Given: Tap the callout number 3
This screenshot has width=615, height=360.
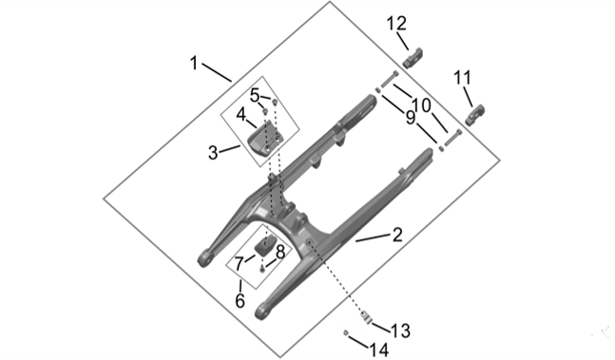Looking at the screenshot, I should [214, 151].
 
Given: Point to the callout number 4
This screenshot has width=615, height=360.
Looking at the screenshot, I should [241, 114].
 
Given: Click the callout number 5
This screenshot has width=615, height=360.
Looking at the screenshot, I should [256, 94].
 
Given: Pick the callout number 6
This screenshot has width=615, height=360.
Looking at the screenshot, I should [240, 300].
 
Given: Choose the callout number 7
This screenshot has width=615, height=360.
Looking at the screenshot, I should [239, 262].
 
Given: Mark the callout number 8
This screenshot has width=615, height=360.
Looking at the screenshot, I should [279, 253].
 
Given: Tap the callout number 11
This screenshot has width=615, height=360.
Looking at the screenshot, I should [463, 76].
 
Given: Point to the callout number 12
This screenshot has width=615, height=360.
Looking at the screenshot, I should [396, 22].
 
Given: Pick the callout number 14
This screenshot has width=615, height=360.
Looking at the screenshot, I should [378, 349].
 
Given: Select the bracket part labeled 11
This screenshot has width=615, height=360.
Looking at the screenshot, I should [477, 112].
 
